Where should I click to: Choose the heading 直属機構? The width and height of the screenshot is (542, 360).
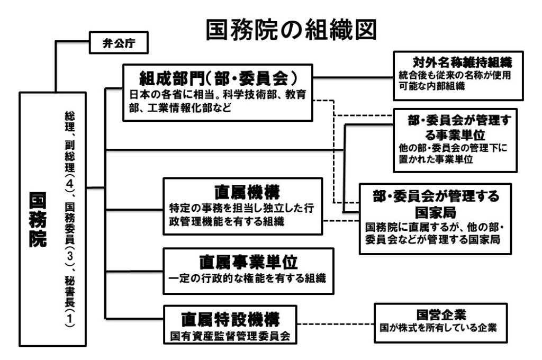243,191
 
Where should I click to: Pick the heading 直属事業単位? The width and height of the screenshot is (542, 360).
249,261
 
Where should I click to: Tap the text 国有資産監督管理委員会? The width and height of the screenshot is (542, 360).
230,336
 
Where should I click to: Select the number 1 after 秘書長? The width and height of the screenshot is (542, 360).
70,322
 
